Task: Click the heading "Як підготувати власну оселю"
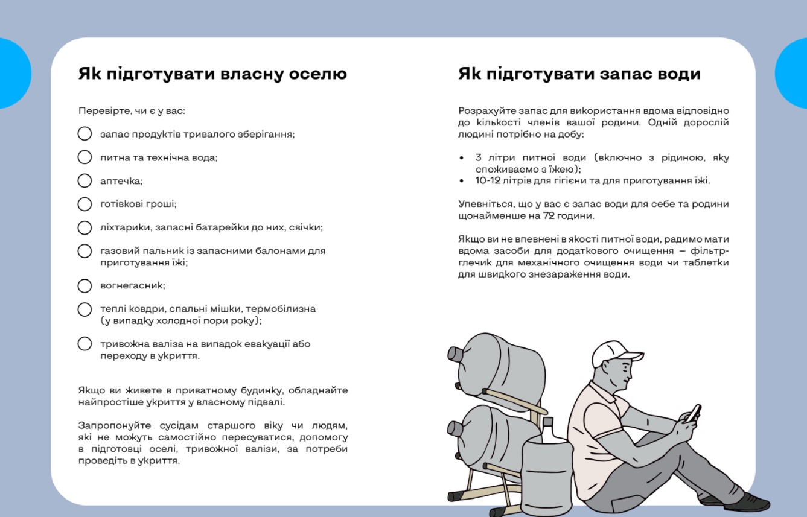(x=212, y=74)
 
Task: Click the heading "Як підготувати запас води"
(x=579, y=74)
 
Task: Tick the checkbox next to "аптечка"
(x=85, y=180)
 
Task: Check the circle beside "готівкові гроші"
(x=85, y=204)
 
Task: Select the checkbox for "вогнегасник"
(x=85, y=285)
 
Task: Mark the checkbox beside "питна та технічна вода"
(x=85, y=157)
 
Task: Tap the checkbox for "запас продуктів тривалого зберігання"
(x=85, y=133)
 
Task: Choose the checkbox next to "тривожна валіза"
(x=85, y=344)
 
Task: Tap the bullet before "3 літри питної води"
(x=462, y=158)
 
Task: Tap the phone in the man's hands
(x=695, y=413)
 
